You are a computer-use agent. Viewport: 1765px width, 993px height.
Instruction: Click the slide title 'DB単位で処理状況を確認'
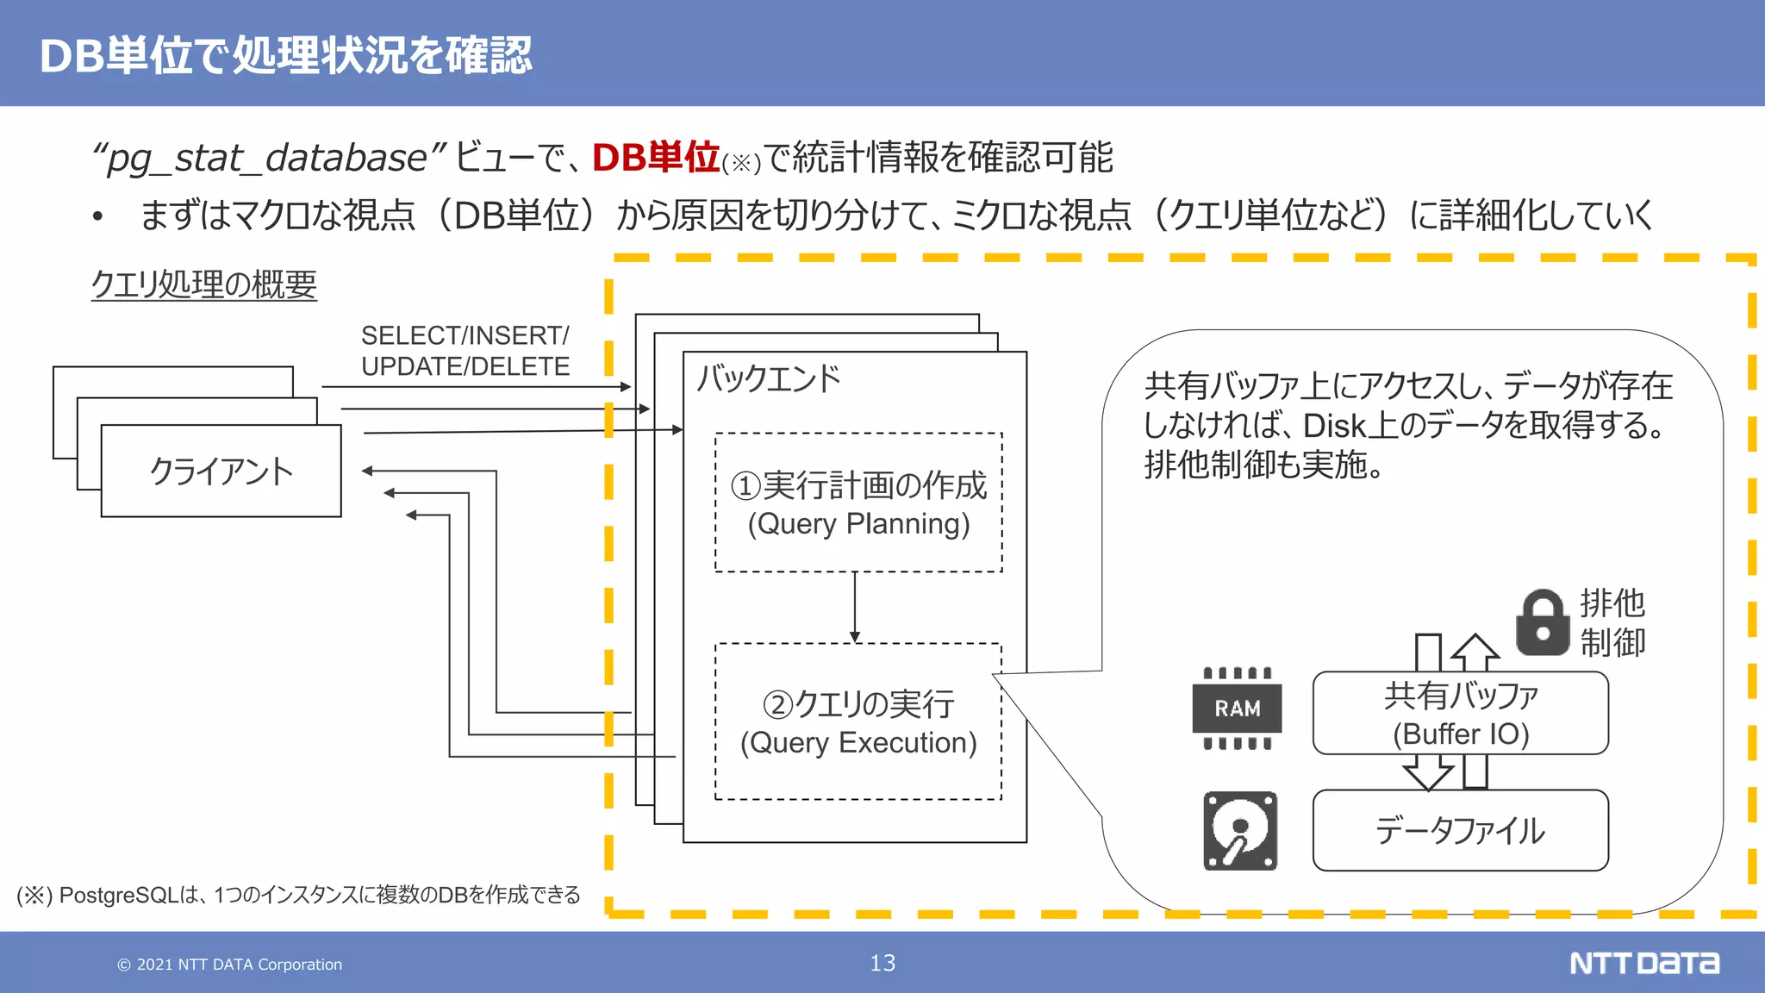(x=285, y=56)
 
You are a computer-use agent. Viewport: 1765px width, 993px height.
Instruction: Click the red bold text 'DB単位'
(x=655, y=158)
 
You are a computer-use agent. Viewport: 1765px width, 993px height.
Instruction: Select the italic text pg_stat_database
(x=267, y=159)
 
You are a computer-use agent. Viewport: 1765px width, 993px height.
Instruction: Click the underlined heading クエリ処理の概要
(x=204, y=284)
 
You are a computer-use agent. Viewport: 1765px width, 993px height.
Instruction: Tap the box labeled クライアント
(x=221, y=471)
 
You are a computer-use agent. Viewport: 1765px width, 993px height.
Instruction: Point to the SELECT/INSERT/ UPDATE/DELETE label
(x=465, y=351)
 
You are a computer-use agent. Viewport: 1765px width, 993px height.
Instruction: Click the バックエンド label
(x=768, y=378)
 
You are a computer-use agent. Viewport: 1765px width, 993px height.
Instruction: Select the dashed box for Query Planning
(x=858, y=503)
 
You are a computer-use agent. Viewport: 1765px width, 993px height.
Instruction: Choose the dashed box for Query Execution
(x=858, y=722)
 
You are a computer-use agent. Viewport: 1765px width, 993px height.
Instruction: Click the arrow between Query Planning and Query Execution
(x=855, y=607)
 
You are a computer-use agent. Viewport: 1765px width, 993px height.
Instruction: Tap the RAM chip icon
(x=1237, y=708)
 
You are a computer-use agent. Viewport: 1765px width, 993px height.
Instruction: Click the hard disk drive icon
(x=1240, y=831)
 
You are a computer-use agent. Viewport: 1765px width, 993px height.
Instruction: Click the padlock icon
(x=1542, y=622)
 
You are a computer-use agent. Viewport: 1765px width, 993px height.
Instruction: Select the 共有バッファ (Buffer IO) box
(x=1460, y=714)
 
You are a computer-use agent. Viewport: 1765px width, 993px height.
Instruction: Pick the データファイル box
(x=1460, y=830)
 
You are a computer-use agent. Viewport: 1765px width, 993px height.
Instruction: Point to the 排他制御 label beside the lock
(x=1612, y=622)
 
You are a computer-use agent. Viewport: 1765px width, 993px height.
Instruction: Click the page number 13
(x=882, y=963)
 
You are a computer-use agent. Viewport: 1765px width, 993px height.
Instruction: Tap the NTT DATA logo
(x=1643, y=963)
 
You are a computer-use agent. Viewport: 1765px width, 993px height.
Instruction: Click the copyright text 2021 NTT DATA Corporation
(x=230, y=965)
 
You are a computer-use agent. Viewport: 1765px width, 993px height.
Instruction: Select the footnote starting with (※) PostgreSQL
(x=298, y=895)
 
